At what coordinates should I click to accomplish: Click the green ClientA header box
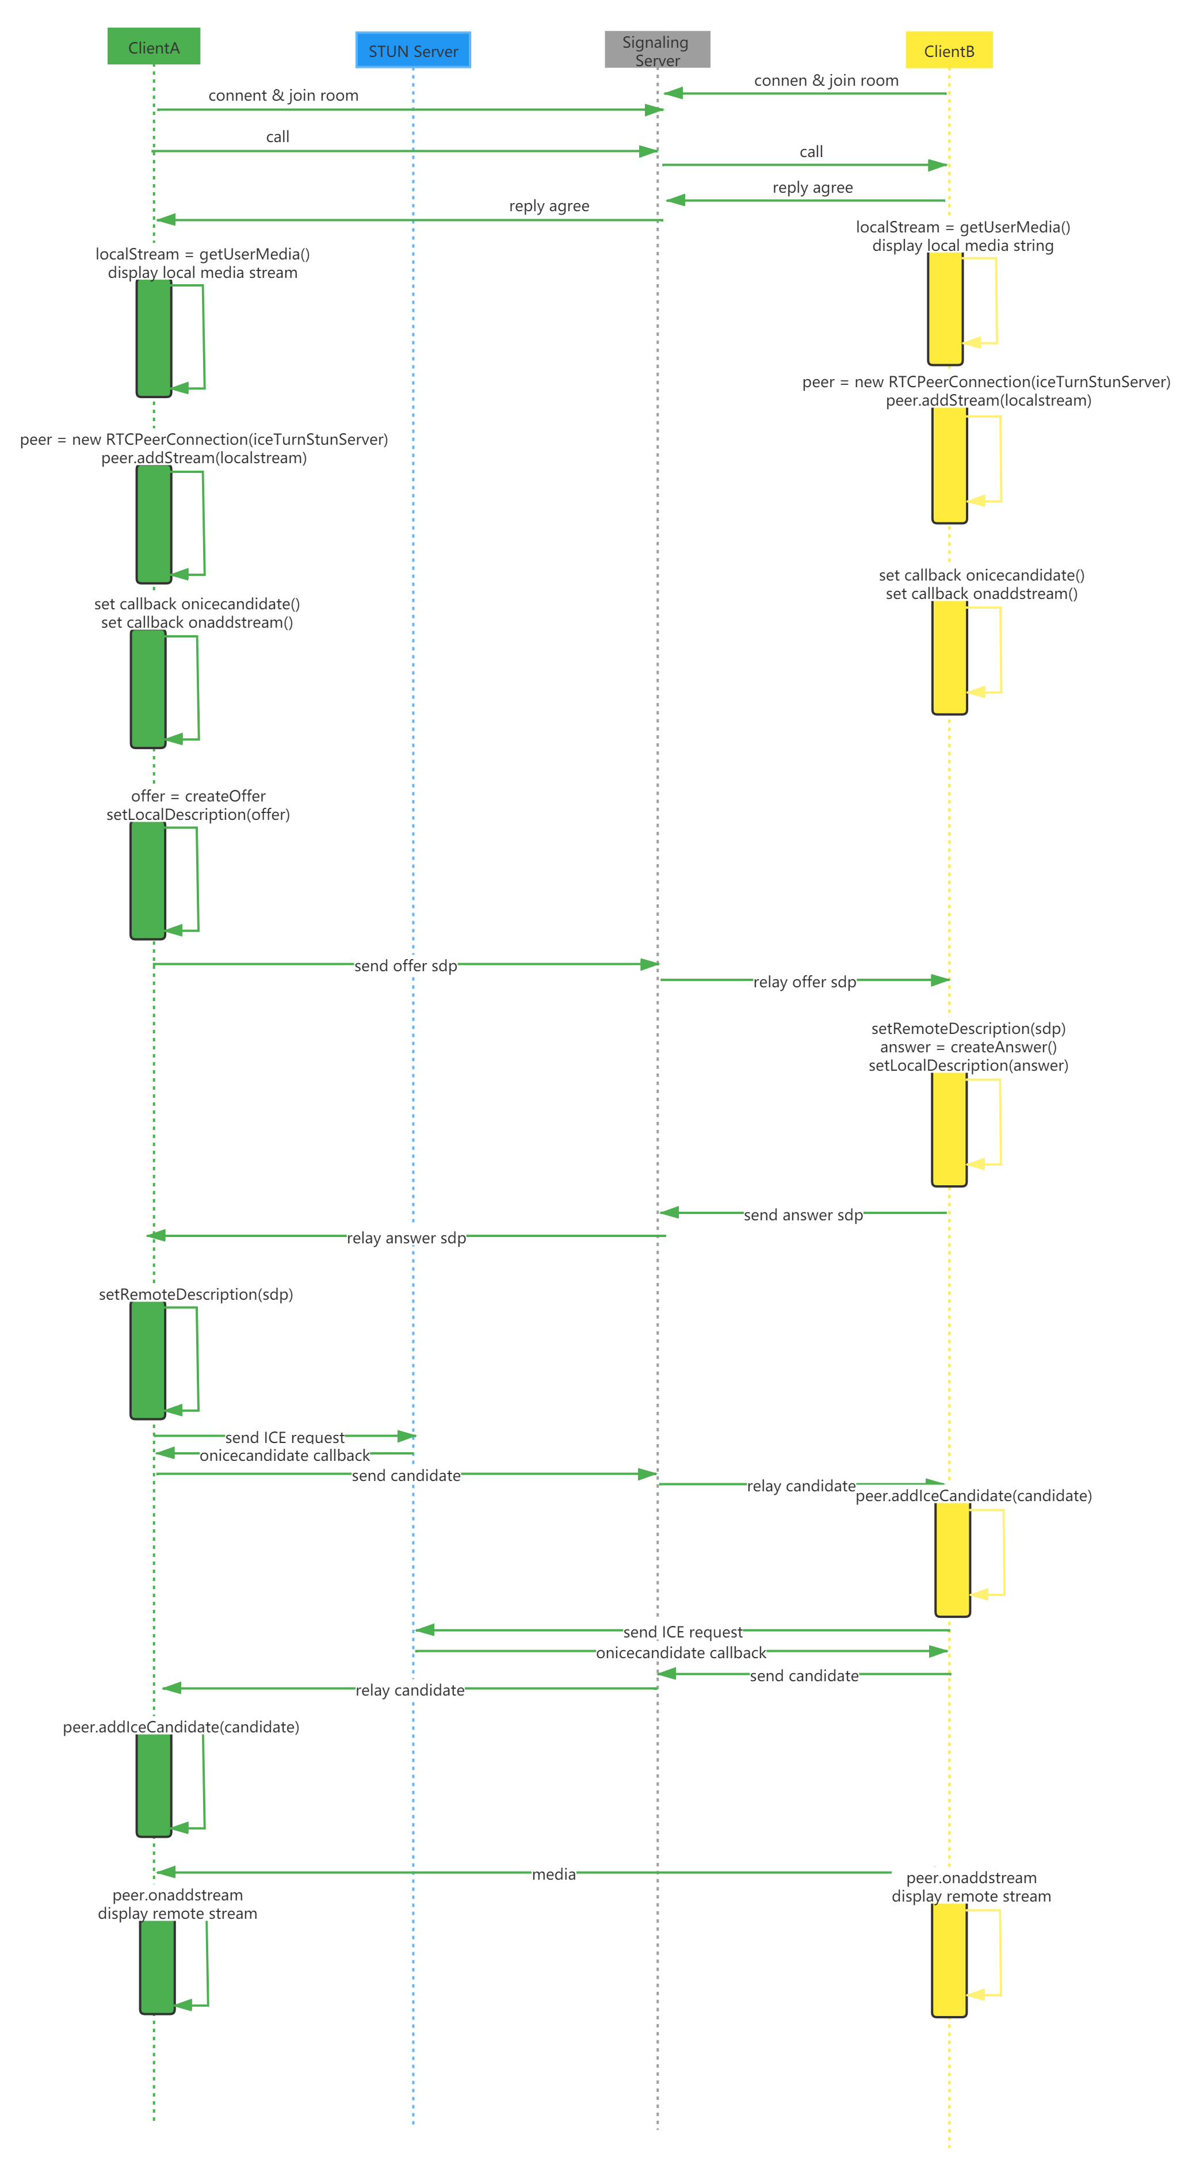154,47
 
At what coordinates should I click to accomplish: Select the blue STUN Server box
413,51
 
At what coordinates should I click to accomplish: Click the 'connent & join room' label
283,96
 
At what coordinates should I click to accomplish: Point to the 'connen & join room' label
826,80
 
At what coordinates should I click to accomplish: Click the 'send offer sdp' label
405,965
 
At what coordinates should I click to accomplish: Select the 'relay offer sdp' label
804,982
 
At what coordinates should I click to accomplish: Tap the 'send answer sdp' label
803,1215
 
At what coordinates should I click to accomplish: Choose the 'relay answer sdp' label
406,1238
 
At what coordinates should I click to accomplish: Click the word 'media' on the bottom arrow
554,1873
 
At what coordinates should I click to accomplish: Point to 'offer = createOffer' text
198,796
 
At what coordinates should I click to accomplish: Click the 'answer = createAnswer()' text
968,1047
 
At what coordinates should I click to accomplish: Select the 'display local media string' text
962,246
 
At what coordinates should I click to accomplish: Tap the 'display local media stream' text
203,273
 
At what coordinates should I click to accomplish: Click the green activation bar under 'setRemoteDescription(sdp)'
148,1360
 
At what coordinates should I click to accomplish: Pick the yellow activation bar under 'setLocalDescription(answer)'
949,1129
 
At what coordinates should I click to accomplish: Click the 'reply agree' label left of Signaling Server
549,206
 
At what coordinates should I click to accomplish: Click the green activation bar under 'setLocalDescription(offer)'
148,880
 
